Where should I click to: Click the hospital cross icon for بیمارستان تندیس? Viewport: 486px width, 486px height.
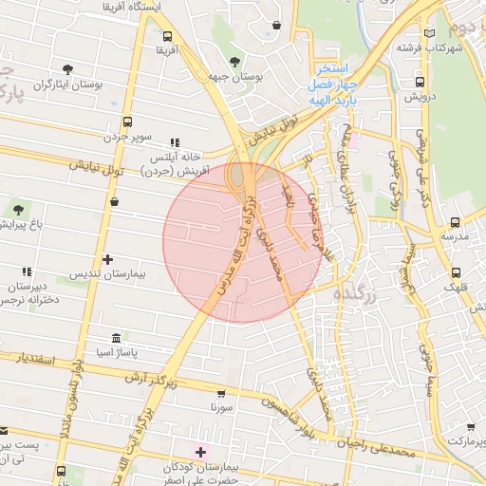click(107, 258)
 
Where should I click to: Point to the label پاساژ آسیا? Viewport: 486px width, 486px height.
click(115, 353)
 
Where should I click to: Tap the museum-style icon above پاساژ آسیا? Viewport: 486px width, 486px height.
click(116, 338)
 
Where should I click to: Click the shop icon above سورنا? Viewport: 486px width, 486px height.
click(221, 392)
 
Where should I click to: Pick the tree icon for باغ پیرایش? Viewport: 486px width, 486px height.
click(19, 208)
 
